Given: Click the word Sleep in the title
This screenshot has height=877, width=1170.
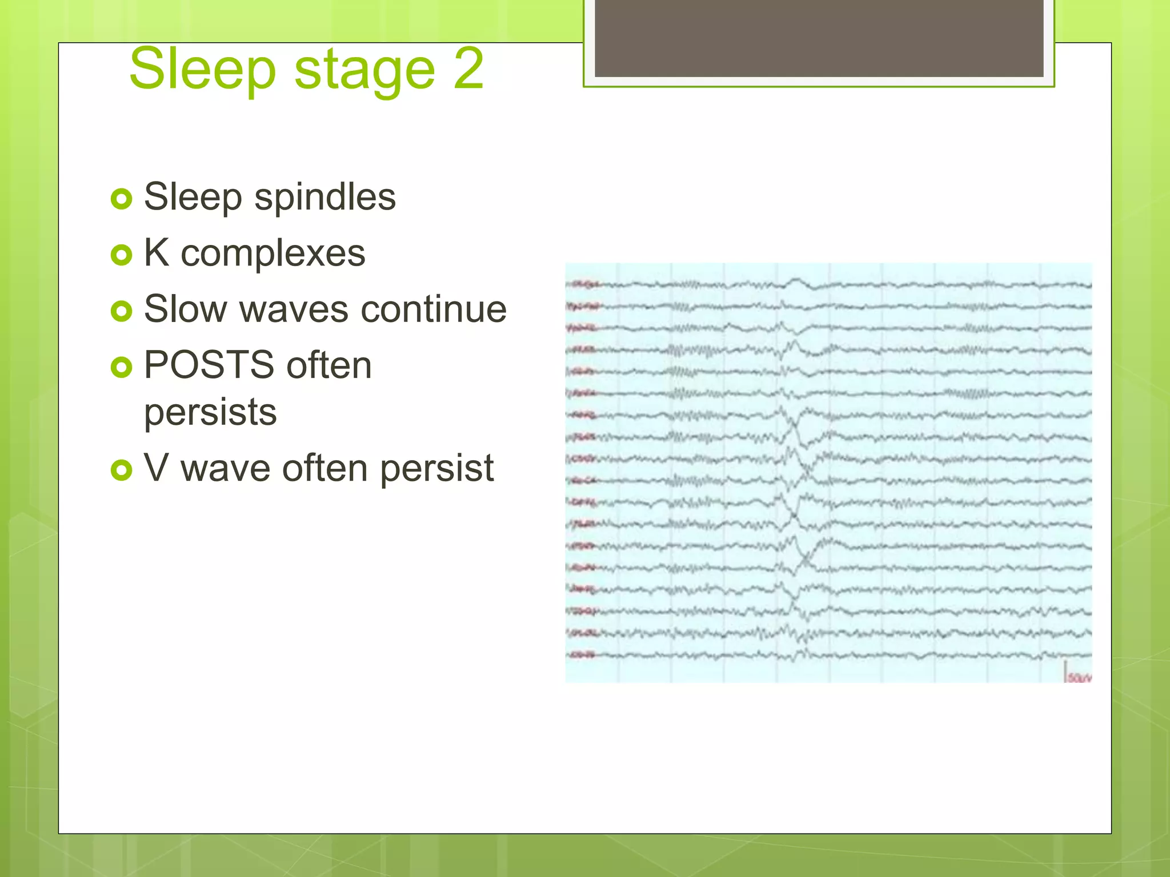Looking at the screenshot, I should click(202, 70).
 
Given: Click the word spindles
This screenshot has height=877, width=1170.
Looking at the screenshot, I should click(324, 197).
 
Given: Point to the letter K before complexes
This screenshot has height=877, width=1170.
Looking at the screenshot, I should click(157, 252).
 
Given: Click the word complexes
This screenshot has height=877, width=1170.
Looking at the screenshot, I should click(273, 254).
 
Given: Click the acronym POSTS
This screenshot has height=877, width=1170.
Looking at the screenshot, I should click(209, 365).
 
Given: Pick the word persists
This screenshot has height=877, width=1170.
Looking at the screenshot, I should click(210, 412).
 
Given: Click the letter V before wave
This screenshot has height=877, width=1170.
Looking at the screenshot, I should click(156, 468).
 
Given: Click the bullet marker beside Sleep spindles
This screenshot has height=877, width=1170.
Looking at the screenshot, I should click(121, 199).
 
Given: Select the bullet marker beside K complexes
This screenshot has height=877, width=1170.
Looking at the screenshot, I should click(121, 255).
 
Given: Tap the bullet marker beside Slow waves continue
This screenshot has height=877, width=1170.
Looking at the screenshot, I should click(121, 311).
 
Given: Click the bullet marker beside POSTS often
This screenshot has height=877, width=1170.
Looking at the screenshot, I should click(121, 367).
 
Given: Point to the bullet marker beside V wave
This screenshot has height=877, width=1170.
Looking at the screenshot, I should click(121, 470).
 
